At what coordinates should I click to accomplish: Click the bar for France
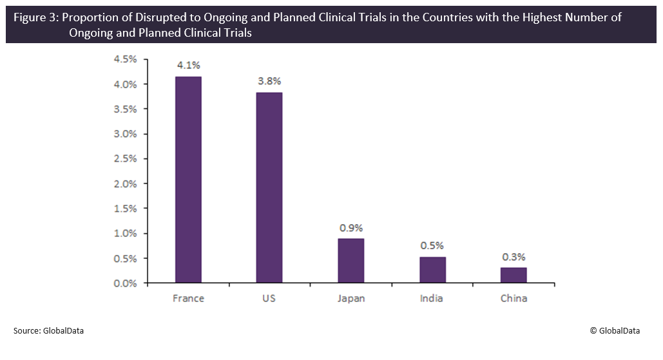click(188, 180)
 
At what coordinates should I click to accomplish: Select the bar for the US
click(269, 187)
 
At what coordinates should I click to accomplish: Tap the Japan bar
click(351, 260)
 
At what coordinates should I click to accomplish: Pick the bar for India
click(432, 270)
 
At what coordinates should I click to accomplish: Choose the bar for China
click(514, 275)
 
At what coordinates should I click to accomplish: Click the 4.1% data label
click(188, 65)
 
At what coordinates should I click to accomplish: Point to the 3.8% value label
click(269, 81)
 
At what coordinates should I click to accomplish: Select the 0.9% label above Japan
click(351, 227)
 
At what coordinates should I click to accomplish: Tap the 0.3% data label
click(514, 256)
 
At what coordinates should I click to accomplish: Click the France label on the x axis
click(188, 298)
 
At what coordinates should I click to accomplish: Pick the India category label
click(432, 298)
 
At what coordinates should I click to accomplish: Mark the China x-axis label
click(514, 298)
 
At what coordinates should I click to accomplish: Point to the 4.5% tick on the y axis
click(125, 59)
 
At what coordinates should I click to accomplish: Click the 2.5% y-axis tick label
click(125, 158)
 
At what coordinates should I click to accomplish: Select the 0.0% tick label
click(125, 283)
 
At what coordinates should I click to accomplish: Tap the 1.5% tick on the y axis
click(125, 209)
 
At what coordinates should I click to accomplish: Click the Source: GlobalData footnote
click(48, 330)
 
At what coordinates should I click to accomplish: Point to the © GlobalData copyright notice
click(615, 330)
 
